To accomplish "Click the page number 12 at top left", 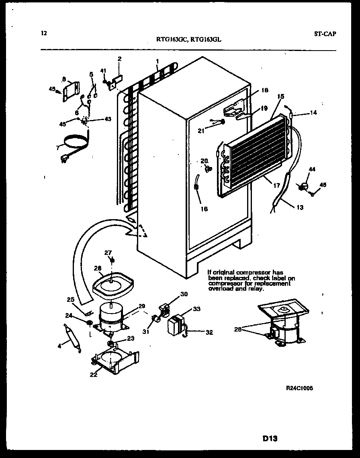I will pyautogui.click(x=44, y=33).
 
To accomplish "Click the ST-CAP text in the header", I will pyautogui.click(x=325, y=33).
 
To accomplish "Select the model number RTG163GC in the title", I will pyautogui.click(x=172, y=39).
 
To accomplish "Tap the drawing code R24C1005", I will pyautogui.click(x=299, y=388).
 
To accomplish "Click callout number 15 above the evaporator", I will pyautogui.click(x=280, y=97).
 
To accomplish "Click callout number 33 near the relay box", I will pyautogui.click(x=197, y=309).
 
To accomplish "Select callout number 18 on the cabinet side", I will pyautogui.click(x=264, y=90).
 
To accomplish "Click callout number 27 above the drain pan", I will pyautogui.click(x=107, y=252).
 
